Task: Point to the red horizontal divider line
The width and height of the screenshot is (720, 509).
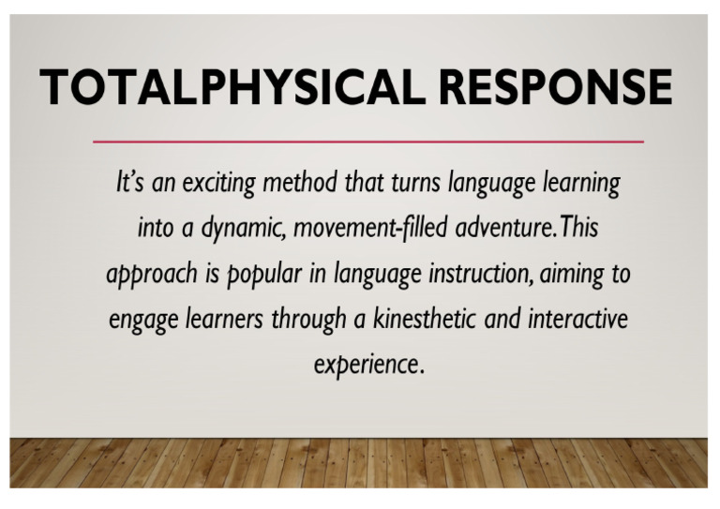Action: tap(368, 142)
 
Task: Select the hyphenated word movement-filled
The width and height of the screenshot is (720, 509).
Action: tap(359, 228)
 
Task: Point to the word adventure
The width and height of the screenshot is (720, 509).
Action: tap(498, 228)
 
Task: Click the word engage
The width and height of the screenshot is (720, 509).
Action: tap(141, 319)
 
